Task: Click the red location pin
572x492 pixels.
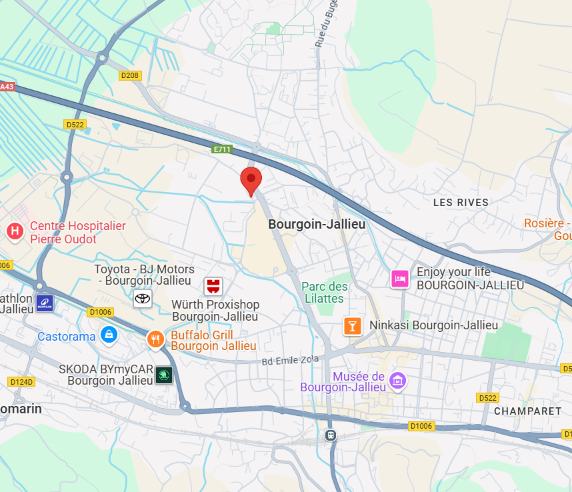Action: (x=251, y=180)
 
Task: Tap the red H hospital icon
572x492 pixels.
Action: (x=14, y=231)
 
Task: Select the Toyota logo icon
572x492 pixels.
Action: (x=143, y=298)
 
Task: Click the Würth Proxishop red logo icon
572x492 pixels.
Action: (x=213, y=287)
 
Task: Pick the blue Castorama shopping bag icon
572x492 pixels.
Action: (x=108, y=335)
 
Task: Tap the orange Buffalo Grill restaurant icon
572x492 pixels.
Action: (x=155, y=339)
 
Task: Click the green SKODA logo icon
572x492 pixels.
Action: (x=163, y=375)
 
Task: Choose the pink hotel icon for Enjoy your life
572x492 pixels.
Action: (x=400, y=278)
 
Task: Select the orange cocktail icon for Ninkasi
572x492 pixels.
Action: (x=352, y=326)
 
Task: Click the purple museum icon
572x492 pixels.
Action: (x=398, y=381)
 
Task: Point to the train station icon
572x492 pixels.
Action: (x=330, y=435)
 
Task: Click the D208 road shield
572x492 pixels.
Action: (x=130, y=75)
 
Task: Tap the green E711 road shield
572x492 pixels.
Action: (x=222, y=149)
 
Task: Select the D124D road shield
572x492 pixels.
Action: (x=21, y=382)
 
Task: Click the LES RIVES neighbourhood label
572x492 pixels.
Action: (x=461, y=202)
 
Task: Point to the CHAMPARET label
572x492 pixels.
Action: (x=527, y=411)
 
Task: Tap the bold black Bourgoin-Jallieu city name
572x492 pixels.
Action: (x=317, y=225)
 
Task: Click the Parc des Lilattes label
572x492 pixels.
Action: (x=325, y=292)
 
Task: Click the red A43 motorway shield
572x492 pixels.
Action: (x=6, y=87)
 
